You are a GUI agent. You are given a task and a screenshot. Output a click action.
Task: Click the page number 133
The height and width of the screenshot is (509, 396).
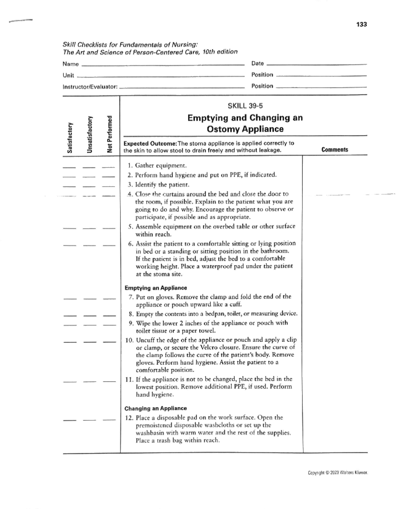[362, 24]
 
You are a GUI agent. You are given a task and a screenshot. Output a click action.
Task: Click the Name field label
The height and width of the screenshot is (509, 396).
[71, 64]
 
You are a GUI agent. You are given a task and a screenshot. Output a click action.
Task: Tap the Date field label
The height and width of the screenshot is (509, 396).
[257, 63]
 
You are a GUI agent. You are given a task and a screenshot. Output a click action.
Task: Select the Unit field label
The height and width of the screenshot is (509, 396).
[68, 75]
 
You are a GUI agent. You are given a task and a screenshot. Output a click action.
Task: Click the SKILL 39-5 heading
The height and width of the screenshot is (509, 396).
[245, 106]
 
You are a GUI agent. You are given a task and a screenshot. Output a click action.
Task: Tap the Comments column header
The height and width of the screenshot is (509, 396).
[335, 150]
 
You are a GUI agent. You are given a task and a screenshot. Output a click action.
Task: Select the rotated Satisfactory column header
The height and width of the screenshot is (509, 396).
[70, 137]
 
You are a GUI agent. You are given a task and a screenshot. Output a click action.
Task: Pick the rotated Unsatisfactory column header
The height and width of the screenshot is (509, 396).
[89, 134]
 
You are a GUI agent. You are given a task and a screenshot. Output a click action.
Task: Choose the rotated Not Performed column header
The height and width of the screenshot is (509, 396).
[110, 134]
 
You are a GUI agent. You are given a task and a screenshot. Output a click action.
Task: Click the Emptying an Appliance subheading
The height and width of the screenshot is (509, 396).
[156, 288]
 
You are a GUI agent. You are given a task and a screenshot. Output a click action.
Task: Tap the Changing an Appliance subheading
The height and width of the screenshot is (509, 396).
[155, 409]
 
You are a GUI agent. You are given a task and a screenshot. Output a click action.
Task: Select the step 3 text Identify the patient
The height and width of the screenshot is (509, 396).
[162, 184]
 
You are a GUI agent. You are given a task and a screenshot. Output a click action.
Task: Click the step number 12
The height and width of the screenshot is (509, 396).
[129, 418]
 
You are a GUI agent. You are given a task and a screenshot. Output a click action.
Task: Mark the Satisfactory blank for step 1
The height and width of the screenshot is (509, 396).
[69, 167]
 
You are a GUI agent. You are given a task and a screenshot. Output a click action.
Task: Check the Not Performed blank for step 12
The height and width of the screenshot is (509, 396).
[109, 420]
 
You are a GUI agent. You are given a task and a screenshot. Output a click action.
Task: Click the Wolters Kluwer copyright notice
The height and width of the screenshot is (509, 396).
[338, 473]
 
